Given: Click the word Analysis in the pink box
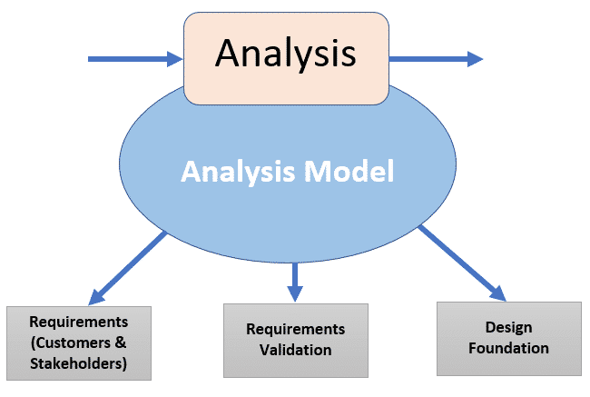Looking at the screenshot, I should click(x=285, y=54).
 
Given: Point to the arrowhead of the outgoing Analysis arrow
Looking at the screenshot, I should click(x=474, y=60).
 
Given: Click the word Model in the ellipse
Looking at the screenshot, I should click(x=349, y=172).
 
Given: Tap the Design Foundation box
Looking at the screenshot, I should click(x=508, y=337).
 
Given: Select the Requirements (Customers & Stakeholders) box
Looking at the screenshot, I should click(x=78, y=342).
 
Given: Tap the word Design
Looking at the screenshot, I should click(x=508, y=327).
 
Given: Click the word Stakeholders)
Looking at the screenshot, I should click(x=78, y=364).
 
